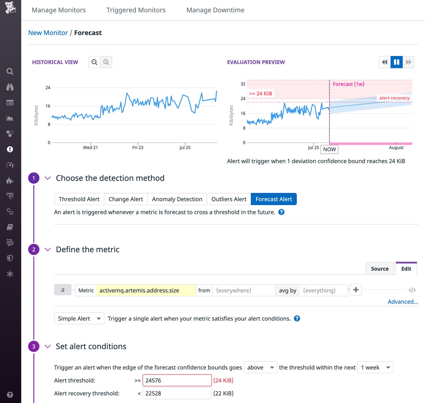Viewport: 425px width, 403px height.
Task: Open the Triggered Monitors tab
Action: coord(136,10)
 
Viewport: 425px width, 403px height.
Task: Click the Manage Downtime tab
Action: coord(215,10)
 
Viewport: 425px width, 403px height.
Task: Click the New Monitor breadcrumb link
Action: coord(48,33)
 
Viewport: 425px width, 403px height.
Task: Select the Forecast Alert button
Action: coord(274,199)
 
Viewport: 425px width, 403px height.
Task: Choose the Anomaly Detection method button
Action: coord(177,199)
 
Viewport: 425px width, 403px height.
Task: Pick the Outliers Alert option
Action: coord(229,199)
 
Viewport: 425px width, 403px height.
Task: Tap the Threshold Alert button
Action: coord(79,199)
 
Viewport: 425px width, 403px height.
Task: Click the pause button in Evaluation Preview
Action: coord(396,62)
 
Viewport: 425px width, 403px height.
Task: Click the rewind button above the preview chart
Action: coord(385,62)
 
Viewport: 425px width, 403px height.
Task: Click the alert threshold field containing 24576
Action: coord(177,380)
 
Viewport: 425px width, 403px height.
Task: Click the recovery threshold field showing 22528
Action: coord(177,393)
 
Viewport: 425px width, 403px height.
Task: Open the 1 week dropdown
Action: coord(375,368)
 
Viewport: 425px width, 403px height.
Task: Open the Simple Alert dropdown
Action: coord(79,319)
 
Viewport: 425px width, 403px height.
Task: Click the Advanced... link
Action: coord(403,302)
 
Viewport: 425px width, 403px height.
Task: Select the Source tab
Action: coord(380,269)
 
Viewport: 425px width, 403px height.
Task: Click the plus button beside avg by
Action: coord(356,290)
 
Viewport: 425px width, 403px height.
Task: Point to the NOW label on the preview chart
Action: coord(329,149)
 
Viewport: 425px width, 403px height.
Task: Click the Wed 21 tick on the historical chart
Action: coord(90,147)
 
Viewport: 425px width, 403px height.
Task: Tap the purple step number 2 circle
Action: coord(34,250)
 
